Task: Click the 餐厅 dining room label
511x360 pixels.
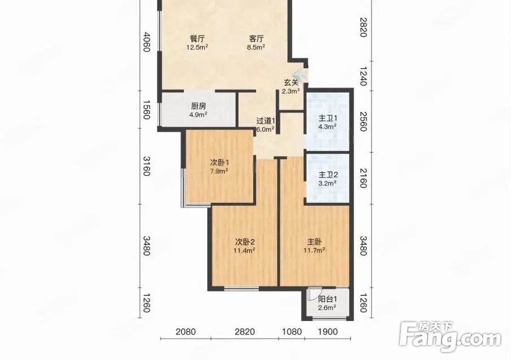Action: (x=197, y=39)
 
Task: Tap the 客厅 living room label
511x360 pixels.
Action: (x=256, y=39)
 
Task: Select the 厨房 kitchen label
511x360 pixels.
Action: (x=198, y=106)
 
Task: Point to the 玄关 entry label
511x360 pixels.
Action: (x=291, y=83)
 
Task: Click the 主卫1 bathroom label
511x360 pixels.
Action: (x=327, y=118)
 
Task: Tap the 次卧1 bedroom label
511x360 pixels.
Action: (x=219, y=162)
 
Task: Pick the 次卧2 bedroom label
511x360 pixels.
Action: (x=244, y=242)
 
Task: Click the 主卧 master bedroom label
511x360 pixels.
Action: (x=315, y=242)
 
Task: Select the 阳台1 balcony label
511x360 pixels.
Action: (x=327, y=300)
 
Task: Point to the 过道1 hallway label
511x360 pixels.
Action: (x=265, y=121)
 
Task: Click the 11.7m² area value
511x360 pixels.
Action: (x=315, y=251)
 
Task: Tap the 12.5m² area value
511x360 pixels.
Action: (x=197, y=47)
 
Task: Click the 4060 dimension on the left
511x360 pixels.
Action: (x=146, y=42)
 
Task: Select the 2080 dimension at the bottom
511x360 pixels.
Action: (x=186, y=332)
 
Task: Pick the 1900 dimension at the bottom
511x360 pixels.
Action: (x=327, y=332)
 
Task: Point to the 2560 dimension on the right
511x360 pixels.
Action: (x=364, y=122)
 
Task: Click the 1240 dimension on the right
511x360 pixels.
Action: (x=364, y=76)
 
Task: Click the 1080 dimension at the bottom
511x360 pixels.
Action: (x=292, y=332)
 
